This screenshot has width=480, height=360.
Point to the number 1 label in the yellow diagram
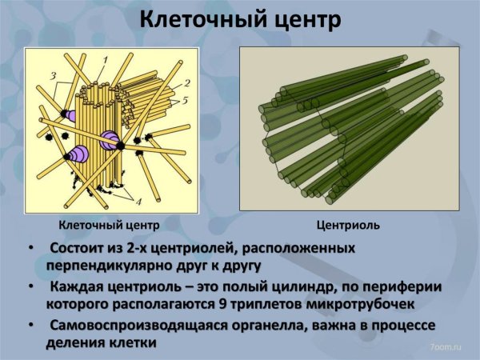tap(105, 60)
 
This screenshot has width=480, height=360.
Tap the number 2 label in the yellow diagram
tap(186, 83)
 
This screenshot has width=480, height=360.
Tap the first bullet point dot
tap(31, 249)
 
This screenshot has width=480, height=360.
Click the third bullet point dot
tap(31, 326)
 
